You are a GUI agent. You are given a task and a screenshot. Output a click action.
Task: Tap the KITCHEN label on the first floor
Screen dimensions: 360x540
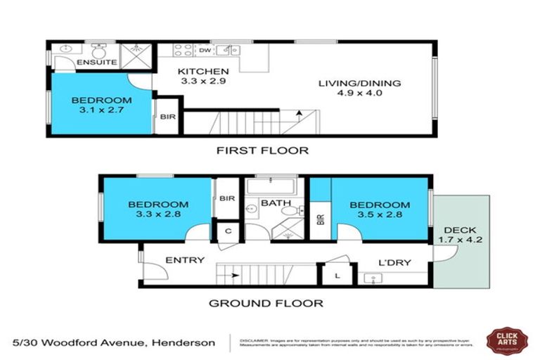pyautogui.click(x=202, y=72)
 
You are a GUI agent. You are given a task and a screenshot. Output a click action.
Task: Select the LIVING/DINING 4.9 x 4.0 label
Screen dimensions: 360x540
pyautogui.click(x=359, y=83)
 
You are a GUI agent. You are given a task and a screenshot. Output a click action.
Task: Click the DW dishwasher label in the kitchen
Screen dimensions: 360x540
pyautogui.click(x=205, y=51)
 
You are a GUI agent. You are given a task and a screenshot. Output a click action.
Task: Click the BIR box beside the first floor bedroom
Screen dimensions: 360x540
pyautogui.click(x=168, y=117)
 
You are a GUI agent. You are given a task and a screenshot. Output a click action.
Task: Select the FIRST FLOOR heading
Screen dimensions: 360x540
pyautogui.click(x=262, y=150)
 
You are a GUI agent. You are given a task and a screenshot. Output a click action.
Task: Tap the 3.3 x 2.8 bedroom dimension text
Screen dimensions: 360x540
pyautogui.click(x=158, y=215)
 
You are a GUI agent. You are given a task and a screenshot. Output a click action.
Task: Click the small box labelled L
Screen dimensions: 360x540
pyautogui.click(x=337, y=275)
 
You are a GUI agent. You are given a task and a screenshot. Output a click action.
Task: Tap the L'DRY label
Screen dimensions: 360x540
pyautogui.click(x=394, y=263)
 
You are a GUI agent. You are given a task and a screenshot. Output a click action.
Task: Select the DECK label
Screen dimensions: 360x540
pyautogui.click(x=460, y=230)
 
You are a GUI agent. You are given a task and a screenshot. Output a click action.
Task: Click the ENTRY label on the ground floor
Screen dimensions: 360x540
pyautogui.click(x=184, y=260)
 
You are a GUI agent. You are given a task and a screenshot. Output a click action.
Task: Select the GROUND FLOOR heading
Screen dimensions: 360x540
pyautogui.click(x=266, y=304)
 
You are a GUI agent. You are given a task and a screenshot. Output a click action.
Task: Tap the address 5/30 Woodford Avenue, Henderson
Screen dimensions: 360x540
pyautogui.click(x=115, y=342)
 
